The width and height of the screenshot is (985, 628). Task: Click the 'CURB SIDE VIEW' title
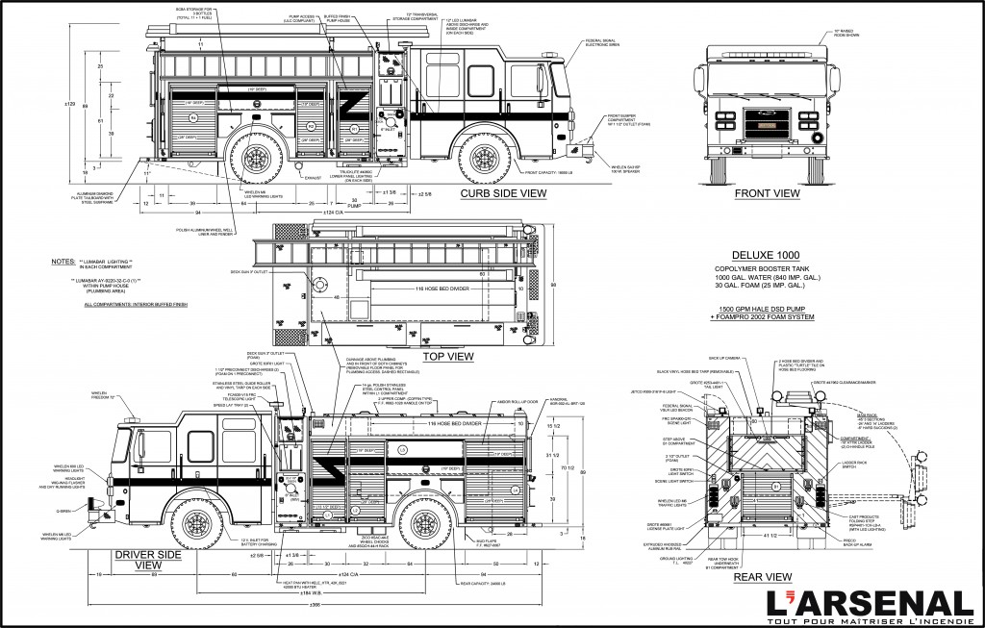click(x=503, y=193)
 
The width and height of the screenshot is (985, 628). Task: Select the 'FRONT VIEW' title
click(x=768, y=193)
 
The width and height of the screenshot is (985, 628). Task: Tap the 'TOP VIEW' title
click(x=448, y=356)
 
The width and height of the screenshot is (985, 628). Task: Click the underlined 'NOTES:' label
click(x=65, y=262)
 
